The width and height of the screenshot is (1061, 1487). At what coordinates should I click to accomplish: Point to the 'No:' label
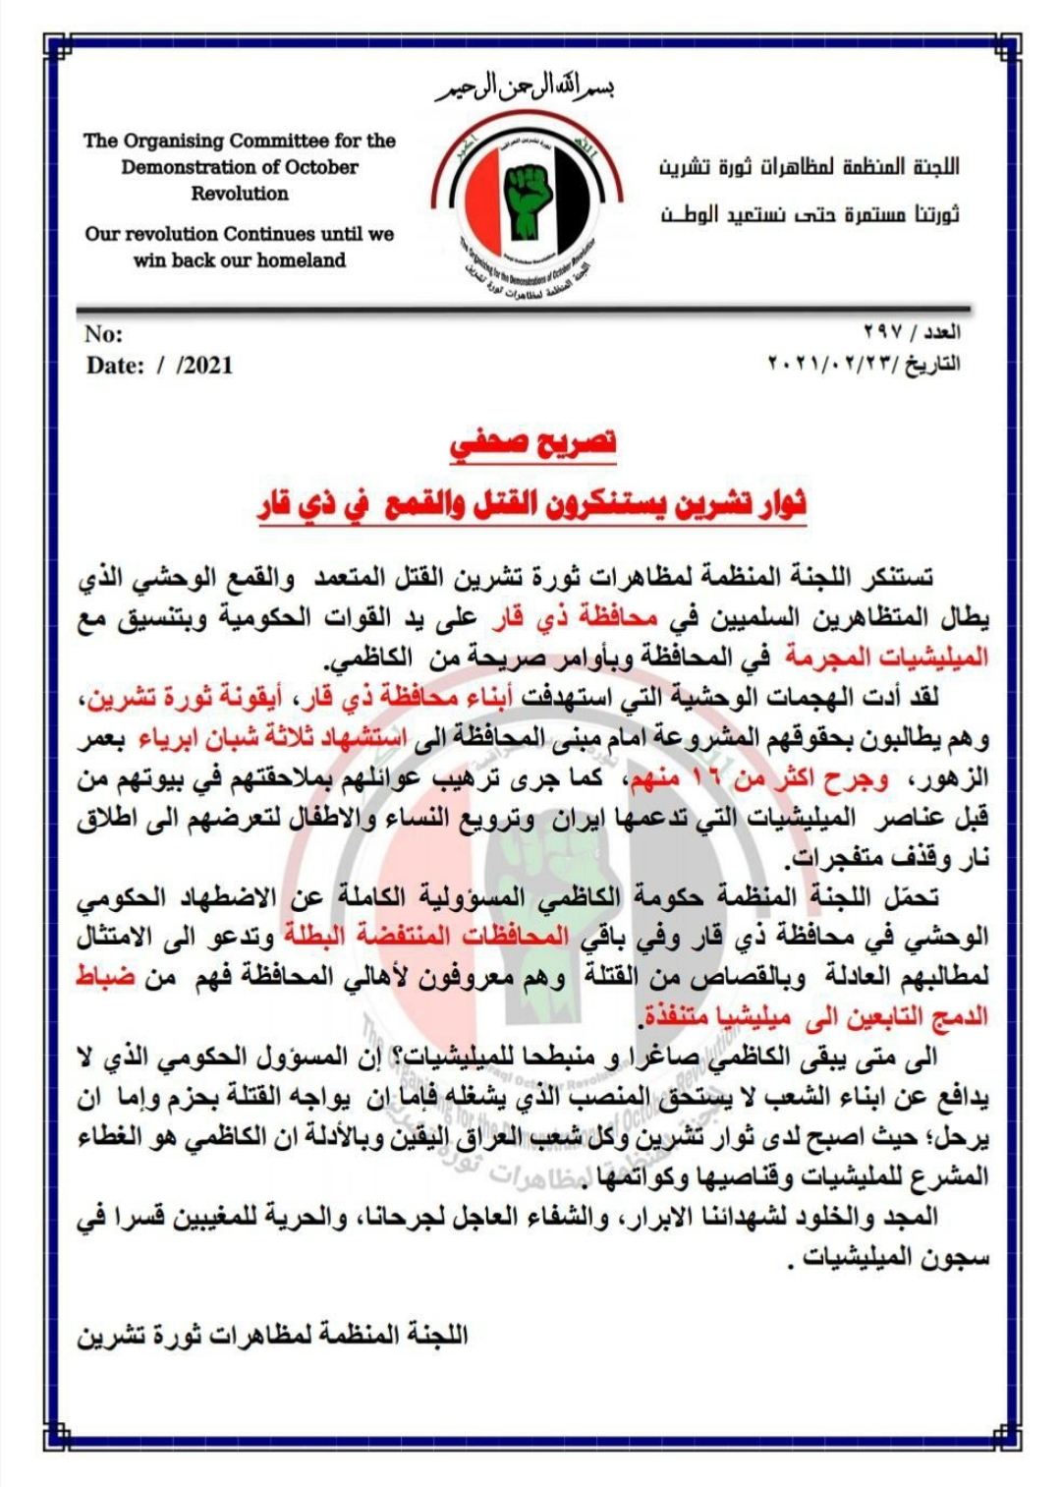click(x=103, y=333)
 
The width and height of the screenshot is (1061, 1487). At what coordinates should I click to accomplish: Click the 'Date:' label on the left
click(x=115, y=366)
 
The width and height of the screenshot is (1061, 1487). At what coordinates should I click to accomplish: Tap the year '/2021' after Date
click(x=205, y=366)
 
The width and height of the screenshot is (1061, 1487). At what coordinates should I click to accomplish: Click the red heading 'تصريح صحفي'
click(x=533, y=444)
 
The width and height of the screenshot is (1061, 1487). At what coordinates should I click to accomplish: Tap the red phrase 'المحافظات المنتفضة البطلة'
click(x=412, y=935)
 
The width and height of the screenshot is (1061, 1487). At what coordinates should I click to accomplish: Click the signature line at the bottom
click(x=273, y=1334)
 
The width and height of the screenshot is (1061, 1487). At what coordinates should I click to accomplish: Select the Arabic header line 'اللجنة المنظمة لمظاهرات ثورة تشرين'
click(x=809, y=167)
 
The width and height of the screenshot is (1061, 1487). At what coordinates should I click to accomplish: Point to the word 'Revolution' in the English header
click(x=240, y=194)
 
